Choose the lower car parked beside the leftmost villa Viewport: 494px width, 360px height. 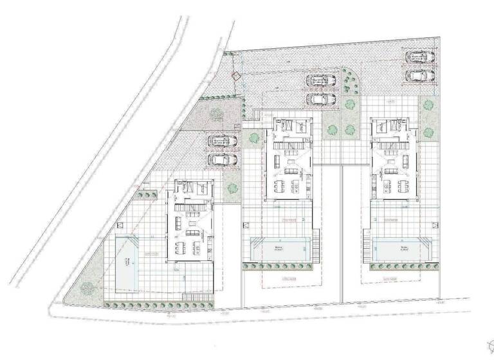click(x=221, y=158)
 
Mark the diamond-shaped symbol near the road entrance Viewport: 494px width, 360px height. click(x=236, y=76)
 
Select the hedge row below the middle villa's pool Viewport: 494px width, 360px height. click(x=279, y=265)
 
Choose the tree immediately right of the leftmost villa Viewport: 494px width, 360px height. click(x=232, y=189)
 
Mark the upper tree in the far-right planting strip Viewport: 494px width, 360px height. click(x=426, y=103)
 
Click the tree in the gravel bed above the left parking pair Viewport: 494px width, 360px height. click(x=215, y=114)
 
